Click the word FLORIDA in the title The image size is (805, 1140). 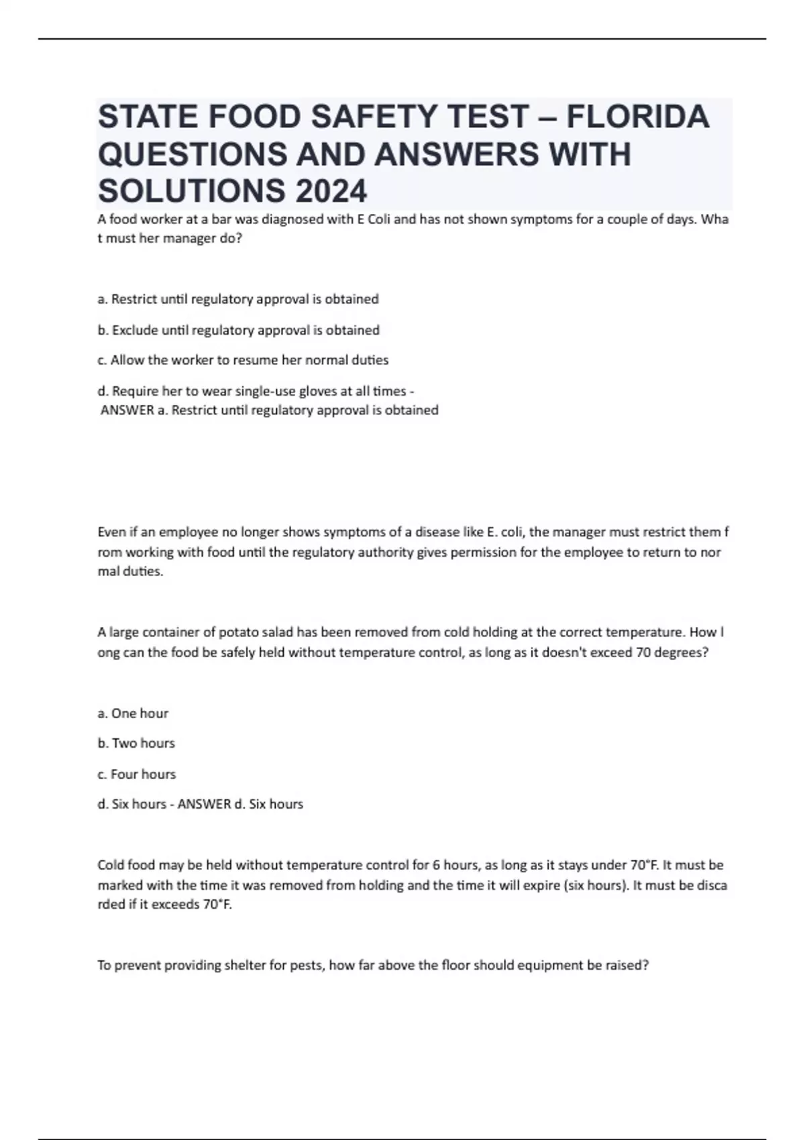[637, 117]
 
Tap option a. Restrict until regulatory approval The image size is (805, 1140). [238, 299]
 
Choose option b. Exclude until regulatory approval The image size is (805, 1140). [239, 330]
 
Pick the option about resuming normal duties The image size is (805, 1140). [243, 360]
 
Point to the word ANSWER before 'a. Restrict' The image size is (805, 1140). [127, 410]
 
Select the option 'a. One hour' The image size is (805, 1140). [133, 714]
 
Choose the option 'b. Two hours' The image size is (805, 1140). [136, 743]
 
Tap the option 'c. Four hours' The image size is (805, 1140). [137, 774]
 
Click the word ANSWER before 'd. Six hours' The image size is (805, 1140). [204, 804]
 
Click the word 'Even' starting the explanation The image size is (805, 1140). [111, 532]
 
